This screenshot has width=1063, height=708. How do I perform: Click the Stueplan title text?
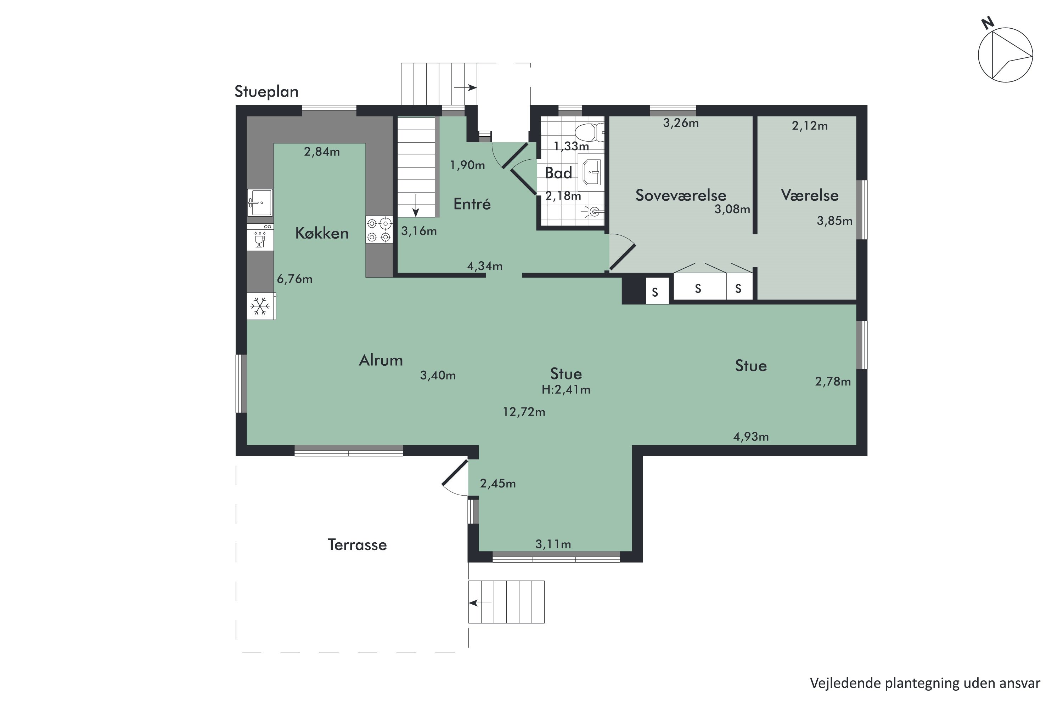(266, 92)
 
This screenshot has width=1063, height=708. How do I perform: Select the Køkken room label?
(322, 233)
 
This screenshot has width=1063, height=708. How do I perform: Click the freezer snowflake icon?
(260, 306)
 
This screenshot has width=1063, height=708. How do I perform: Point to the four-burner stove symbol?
(379, 230)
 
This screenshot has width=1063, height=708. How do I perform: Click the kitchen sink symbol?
(260, 203)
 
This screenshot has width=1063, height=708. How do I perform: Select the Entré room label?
(472, 204)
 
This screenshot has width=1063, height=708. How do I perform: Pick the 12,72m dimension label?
(524, 412)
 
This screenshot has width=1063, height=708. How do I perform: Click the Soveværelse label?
(681, 195)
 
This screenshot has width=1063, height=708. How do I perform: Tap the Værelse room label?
(809, 195)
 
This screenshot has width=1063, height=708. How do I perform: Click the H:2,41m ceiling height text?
(566, 390)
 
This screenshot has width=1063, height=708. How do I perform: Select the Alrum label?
(381, 360)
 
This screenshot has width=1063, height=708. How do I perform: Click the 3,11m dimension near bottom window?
(553, 544)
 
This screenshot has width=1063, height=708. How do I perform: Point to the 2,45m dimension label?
(497, 484)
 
